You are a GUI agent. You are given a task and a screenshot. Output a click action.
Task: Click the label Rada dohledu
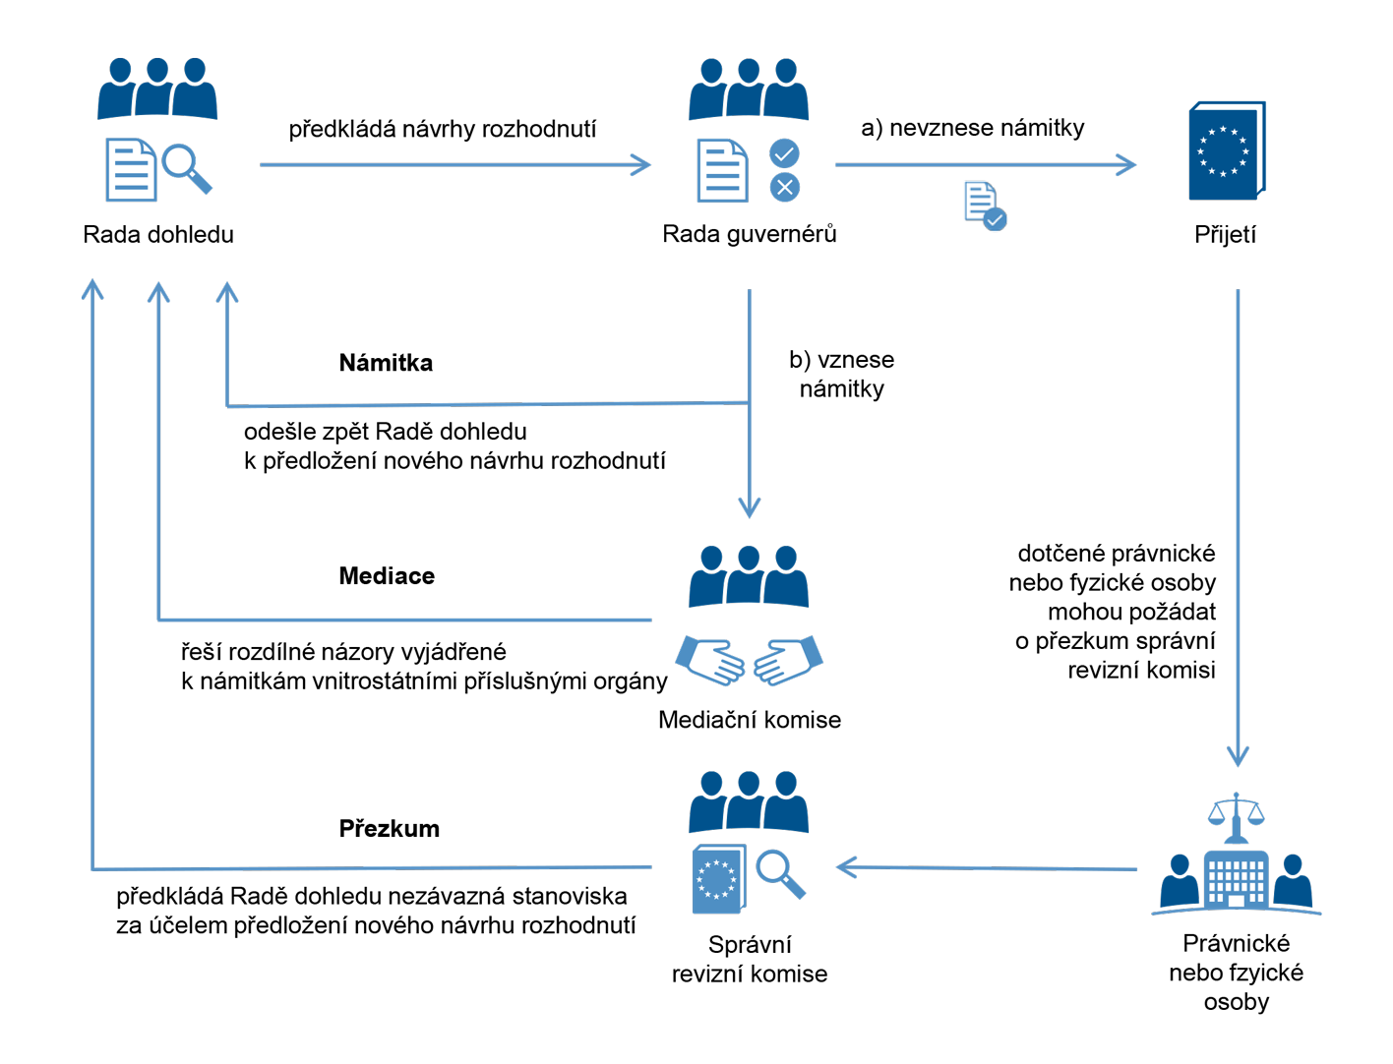click(158, 234)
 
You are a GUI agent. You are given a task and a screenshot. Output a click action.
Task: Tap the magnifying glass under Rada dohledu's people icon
click(185, 166)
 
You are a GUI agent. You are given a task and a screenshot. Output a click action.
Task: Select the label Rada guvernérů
click(749, 234)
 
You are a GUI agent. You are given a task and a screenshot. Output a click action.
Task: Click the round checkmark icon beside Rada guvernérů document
click(784, 153)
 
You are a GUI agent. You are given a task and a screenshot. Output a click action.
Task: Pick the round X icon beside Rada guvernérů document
click(784, 187)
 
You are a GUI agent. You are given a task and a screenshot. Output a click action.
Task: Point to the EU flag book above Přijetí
click(1226, 151)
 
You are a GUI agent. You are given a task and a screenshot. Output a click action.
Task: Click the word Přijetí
click(1225, 234)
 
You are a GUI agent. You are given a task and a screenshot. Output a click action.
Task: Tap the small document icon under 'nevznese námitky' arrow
click(984, 206)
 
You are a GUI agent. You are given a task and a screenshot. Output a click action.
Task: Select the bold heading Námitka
click(386, 363)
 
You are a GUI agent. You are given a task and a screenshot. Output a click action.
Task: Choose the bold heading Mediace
click(387, 576)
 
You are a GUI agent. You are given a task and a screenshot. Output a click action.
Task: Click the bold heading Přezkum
click(389, 829)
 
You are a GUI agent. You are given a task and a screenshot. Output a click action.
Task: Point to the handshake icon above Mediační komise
click(749, 661)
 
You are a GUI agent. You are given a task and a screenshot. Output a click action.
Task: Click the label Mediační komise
click(749, 720)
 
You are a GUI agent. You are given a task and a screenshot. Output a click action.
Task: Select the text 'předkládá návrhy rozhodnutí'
click(442, 129)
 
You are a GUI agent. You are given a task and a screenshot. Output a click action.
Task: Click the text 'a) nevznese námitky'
click(972, 128)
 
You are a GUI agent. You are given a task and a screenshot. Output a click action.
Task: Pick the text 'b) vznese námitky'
click(841, 374)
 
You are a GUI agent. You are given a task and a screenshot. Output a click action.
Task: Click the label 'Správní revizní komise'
click(749, 959)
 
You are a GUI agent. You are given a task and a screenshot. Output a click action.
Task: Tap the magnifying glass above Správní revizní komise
click(780, 872)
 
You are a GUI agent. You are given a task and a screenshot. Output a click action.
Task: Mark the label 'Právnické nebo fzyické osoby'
click(1236, 973)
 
